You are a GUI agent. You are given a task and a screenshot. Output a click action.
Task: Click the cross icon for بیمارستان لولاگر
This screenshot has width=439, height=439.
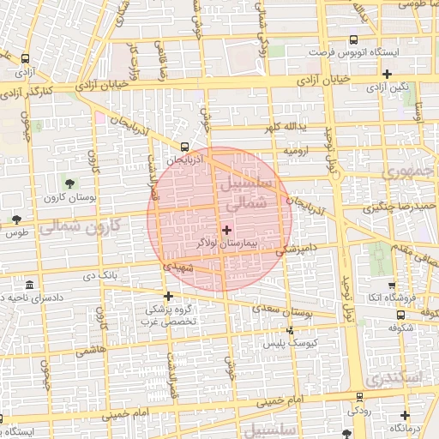(x=226, y=230)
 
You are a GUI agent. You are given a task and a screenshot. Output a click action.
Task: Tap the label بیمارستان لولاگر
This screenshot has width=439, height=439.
(x=226, y=244)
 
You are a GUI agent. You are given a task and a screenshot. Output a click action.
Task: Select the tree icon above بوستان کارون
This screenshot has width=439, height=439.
(x=69, y=183)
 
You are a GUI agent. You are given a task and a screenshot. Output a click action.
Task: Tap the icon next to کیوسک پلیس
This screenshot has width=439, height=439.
(x=290, y=329)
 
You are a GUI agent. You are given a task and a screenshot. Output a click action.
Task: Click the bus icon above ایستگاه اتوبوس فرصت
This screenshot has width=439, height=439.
(x=352, y=39)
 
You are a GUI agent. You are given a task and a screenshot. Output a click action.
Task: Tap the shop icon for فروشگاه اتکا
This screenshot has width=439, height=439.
(x=392, y=286)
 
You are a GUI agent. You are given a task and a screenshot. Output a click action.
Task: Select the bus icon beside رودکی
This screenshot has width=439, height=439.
(x=355, y=397)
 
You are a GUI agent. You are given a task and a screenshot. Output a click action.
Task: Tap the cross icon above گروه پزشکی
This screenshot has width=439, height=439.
(x=168, y=296)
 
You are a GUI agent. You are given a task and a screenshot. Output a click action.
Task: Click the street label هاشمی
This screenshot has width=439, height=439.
(x=90, y=352)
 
